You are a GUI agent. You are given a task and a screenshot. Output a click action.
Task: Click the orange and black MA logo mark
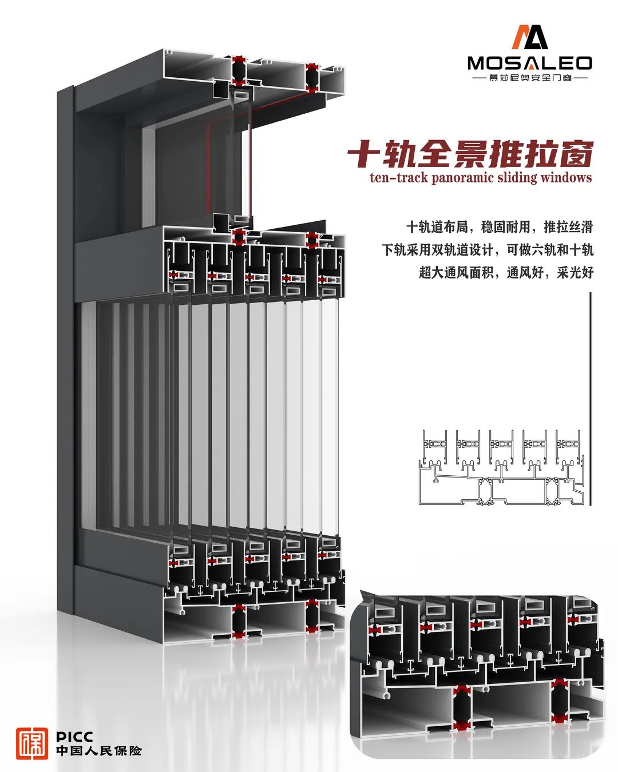coord(529,37)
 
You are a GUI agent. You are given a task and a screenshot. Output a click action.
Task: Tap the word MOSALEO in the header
coord(529,63)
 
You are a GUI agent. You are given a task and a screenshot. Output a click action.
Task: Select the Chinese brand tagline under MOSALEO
coord(529,77)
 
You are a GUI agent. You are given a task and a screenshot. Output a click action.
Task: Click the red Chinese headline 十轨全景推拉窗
coord(470,154)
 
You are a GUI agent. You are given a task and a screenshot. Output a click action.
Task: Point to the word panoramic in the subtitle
coord(463,177)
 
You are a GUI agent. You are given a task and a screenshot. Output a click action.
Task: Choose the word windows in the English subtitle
coord(564,177)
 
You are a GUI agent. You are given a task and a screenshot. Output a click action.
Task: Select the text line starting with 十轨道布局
coord(500,227)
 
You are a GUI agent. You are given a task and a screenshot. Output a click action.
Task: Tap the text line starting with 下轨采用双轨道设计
coord(488,250)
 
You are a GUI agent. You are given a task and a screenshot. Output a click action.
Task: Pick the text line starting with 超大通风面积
coord(506,272)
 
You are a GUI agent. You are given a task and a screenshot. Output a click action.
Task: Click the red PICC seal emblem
coord(32,743)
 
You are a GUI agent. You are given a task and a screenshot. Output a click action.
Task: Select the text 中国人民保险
coord(98,750)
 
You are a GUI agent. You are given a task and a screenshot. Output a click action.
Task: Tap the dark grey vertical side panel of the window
coord(65,343)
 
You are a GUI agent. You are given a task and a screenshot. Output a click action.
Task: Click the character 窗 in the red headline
coord(575,154)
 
